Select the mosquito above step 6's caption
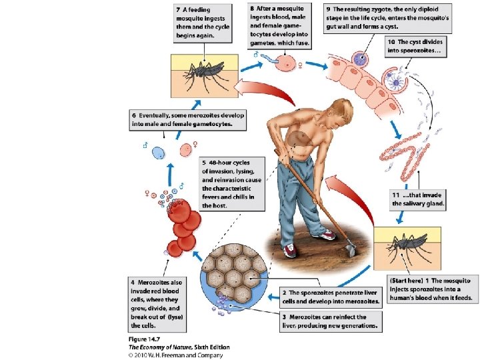(x=204, y=72)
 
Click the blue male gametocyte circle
(x=159, y=153)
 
